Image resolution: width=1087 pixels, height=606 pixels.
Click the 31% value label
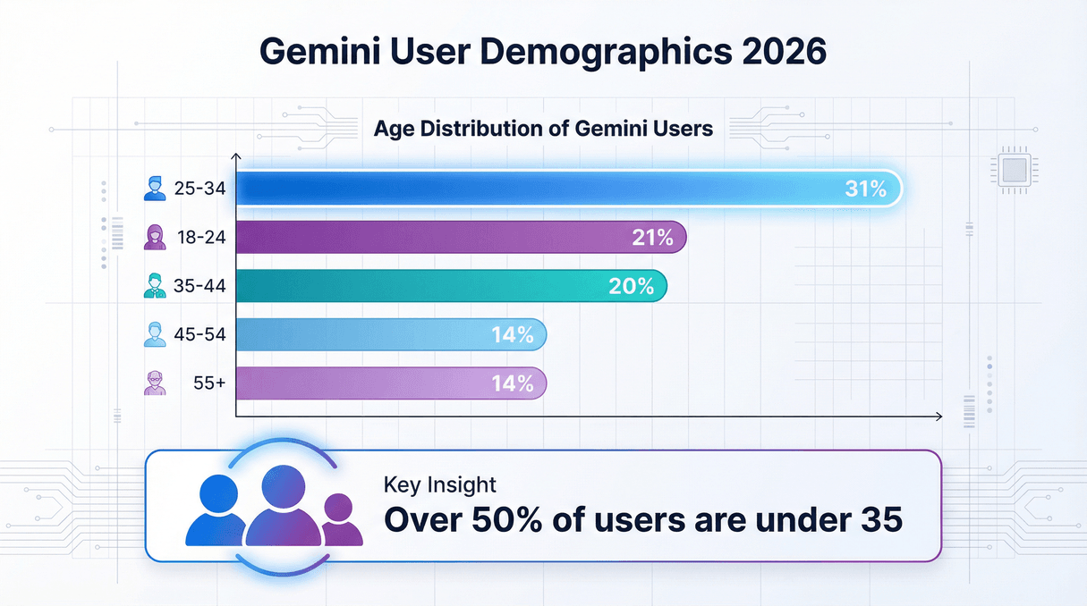click(865, 189)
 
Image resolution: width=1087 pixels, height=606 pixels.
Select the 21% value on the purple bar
click(651, 238)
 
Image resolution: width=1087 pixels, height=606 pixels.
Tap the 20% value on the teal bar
click(632, 287)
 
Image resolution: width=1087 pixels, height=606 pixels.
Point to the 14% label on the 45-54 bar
click(512, 336)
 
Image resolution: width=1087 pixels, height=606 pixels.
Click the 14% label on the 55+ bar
click(512, 384)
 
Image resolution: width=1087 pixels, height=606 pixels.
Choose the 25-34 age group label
click(201, 189)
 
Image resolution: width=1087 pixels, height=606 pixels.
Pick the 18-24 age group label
click(201, 238)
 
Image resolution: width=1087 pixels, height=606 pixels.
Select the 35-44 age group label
click(201, 287)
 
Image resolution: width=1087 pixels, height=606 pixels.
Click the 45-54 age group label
click(201, 336)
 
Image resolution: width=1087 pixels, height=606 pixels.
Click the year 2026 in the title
click(785, 52)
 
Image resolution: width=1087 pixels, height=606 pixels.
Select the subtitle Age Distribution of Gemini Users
click(543, 129)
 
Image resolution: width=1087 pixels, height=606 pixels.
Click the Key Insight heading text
click(439, 485)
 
